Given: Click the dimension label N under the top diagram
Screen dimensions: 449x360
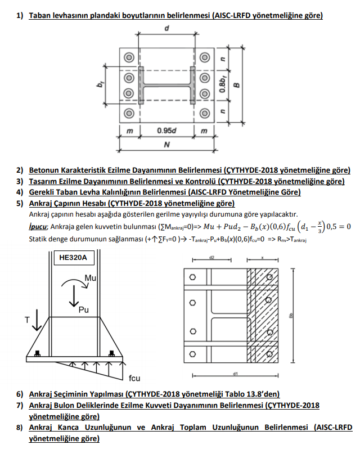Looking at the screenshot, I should pyautogui.click(x=167, y=144).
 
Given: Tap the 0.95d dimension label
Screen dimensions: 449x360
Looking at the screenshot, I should pyautogui.click(x=167, y=131).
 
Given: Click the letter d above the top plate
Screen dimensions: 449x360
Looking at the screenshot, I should pyautogui.click(x=167, y=28).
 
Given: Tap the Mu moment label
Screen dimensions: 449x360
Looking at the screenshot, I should pyautogui.click(x=90, y=279).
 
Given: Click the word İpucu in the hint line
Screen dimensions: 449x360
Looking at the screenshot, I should pyautogui.click(x=38, y=226).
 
